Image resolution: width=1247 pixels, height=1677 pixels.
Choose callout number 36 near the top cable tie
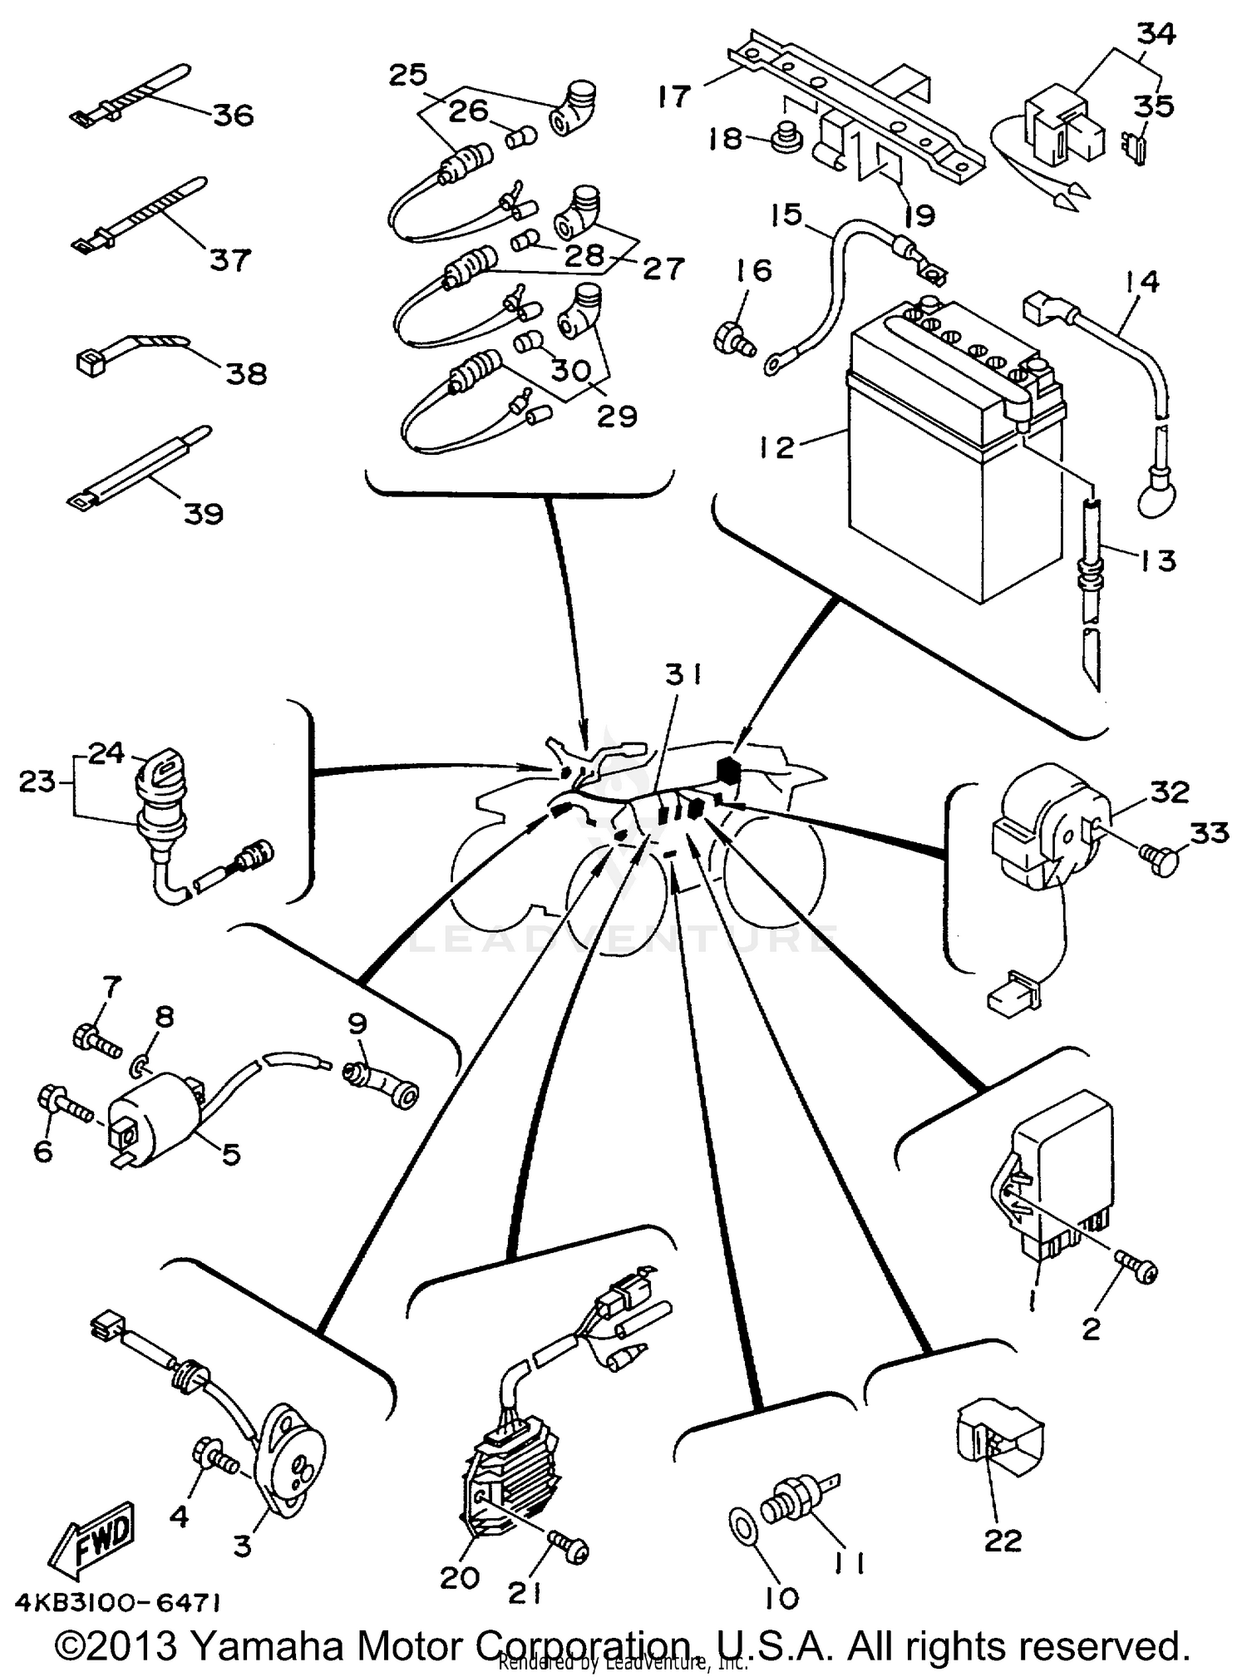[233, 114]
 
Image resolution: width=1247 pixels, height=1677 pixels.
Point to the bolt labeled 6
[62, 1104]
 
